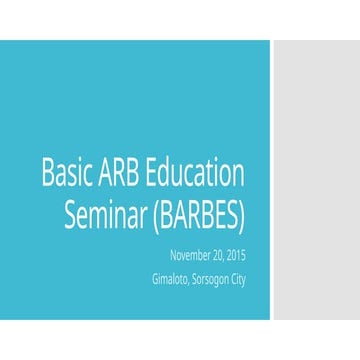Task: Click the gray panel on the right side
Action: pos(316,180)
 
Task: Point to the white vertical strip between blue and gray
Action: pos(271,180)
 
